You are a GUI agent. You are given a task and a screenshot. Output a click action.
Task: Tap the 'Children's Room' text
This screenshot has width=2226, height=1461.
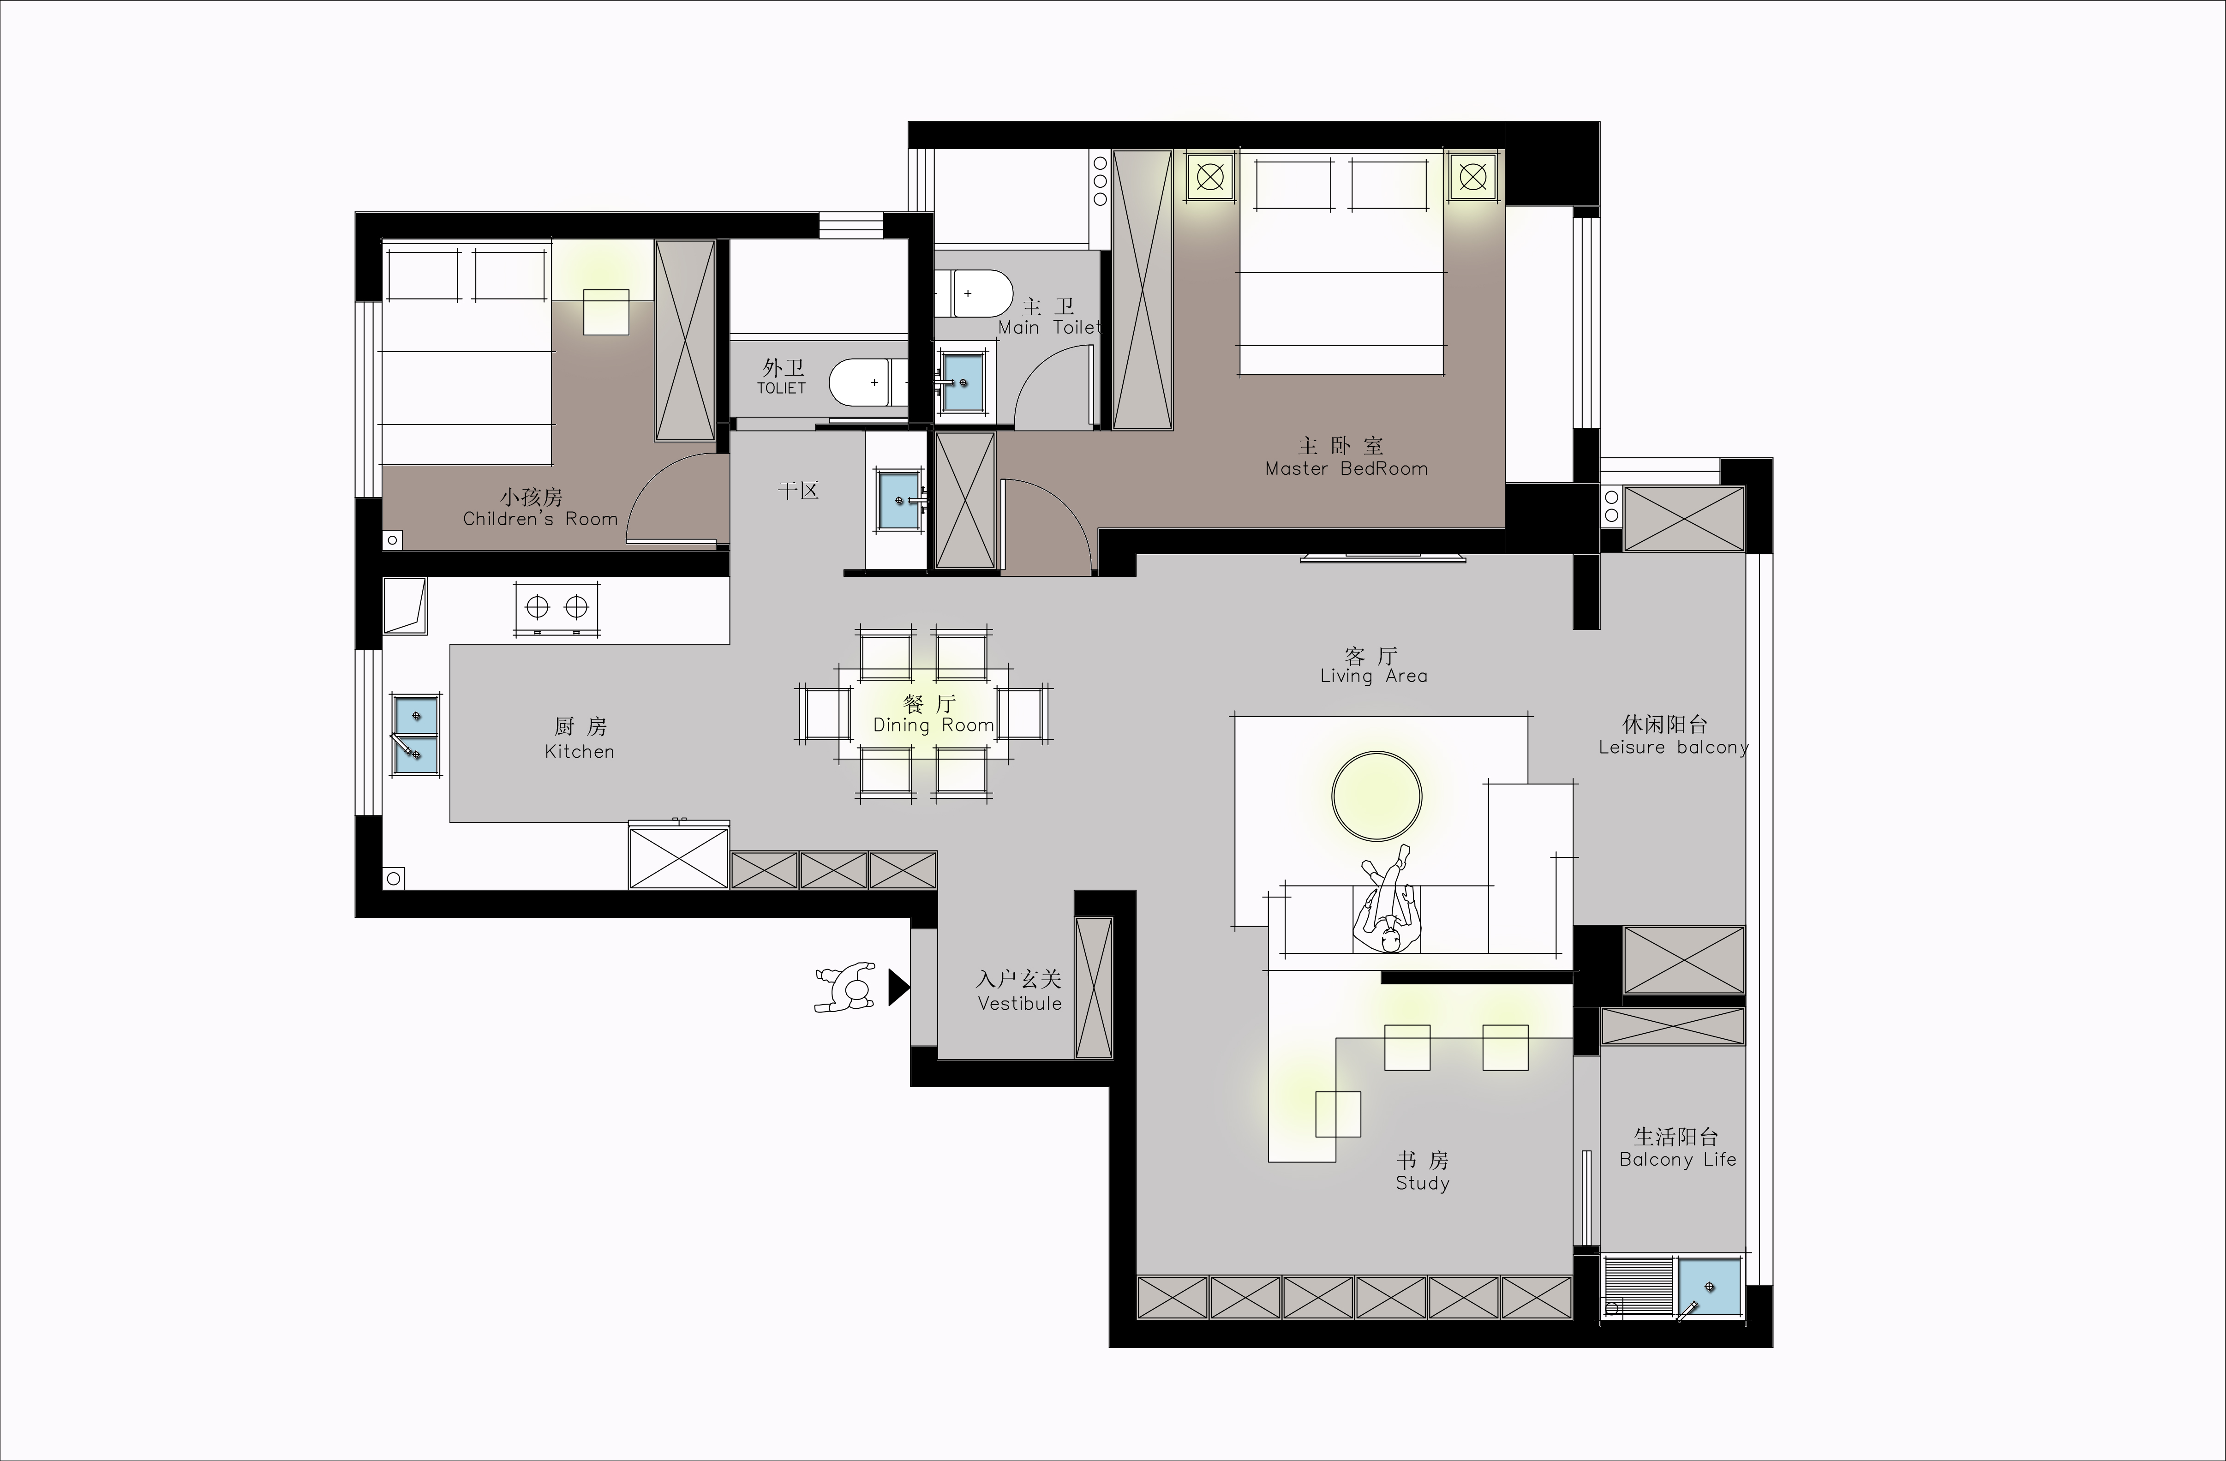point(541,519)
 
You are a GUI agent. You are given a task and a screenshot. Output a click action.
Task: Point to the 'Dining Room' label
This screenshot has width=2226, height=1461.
point(933,725)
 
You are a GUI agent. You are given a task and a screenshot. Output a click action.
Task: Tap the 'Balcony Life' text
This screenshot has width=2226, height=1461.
point(1678,1160)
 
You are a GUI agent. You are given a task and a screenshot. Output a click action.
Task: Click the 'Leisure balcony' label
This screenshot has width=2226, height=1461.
point(1673,747)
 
